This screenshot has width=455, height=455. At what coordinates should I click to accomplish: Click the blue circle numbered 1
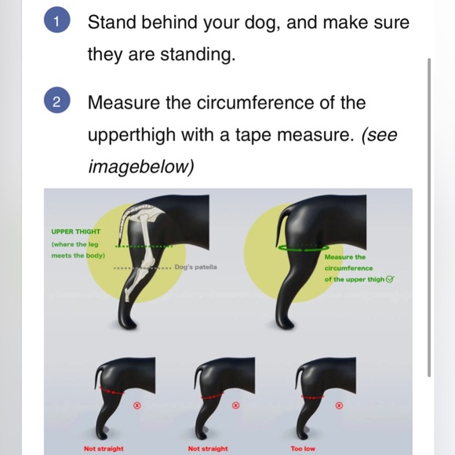tap(56, 20)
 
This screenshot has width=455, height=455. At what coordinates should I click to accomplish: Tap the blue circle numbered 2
tap(56, 100)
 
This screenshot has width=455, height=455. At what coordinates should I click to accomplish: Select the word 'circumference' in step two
tap(255, 103)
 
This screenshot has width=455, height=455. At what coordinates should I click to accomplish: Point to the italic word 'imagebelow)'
tap(140, 167)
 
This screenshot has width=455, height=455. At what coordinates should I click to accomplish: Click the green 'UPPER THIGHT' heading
tap(76, 231)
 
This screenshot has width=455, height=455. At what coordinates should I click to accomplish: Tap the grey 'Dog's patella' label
tap(195, 267)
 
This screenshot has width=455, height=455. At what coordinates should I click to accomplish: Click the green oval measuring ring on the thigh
tap(304, 248)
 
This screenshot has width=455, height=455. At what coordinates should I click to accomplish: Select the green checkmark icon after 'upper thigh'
tap(390, 279)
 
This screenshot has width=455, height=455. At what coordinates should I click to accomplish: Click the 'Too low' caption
tap(303, 449)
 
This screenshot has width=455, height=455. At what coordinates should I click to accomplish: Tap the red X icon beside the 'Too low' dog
tap(339, 406)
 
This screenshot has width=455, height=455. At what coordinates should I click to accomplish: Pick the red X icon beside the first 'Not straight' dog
tap(137, 406)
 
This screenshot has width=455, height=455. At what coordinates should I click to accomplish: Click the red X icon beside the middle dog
tap(236, 406)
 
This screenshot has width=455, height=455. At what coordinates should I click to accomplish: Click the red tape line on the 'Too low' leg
tap(312, 397)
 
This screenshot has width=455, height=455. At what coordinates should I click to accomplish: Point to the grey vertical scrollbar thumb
tap(429, 217)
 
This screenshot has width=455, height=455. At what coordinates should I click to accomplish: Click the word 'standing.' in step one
tap(198, 54)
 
